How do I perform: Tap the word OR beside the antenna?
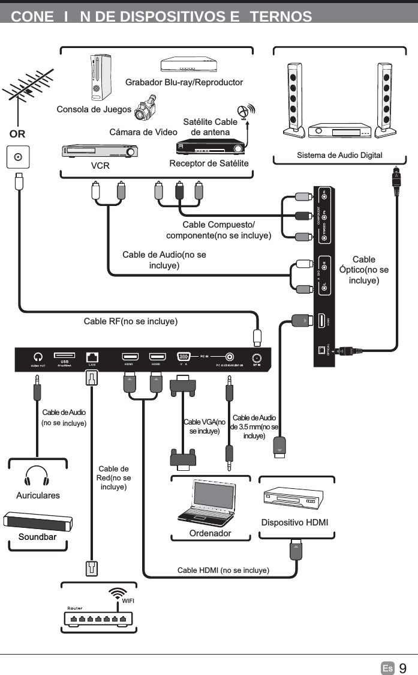click(x=17, y=133)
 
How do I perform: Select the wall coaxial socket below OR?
click(x=18, y=158)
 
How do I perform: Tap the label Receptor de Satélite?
click(x=209, y=163)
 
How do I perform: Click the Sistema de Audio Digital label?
click(x=339, y=156)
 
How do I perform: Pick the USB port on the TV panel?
click(x=64, y=356)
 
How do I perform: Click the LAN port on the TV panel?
click(x=92, y=356)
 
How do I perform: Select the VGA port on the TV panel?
click(x=182, y=356)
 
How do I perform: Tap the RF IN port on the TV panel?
click(x=257, y=356)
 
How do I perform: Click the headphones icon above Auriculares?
click(x=37, y=477)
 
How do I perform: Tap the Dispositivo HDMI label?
click(x=294, y=522)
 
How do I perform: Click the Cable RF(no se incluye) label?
click(x=130, y=321)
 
